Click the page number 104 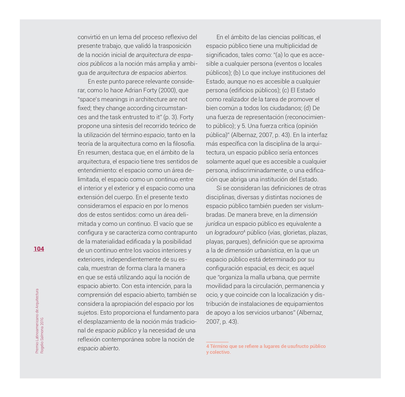pos(39,249)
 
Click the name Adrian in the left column pos(134,90)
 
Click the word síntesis pos(119,126)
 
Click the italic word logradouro pos(228,233)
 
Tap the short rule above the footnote pos(217,342)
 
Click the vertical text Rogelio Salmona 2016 pos(42,335)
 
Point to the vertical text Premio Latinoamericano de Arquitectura pos(37,321)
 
